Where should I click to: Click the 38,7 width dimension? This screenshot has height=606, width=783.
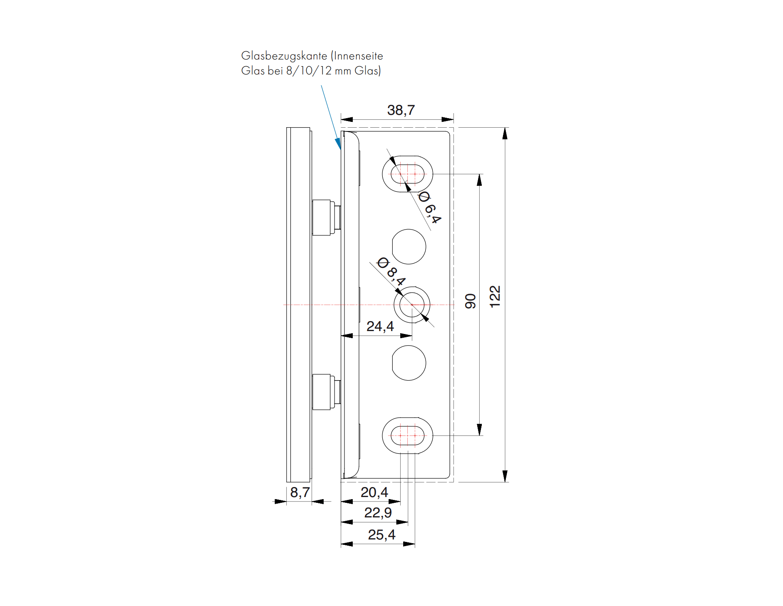point(401,110)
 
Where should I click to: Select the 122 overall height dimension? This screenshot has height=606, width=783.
point(495,297)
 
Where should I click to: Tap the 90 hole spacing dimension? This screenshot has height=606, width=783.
point(470,301)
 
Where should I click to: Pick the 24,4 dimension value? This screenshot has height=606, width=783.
point(380,326)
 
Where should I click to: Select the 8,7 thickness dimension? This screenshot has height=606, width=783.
point(300,492)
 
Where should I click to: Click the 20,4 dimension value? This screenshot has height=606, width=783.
point(374,492)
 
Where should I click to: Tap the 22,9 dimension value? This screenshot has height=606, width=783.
point(378,513)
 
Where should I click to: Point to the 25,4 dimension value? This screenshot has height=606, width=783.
point(382,535)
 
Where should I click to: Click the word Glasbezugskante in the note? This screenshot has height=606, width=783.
point(284,56)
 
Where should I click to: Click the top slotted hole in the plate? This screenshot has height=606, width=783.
point(407,174)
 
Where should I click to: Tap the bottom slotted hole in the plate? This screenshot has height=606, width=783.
point(407,435)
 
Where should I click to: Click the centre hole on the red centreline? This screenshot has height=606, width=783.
point(412,304)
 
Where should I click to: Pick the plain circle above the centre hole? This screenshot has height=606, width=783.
point(409,247)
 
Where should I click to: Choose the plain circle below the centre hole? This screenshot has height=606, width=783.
point(409,363)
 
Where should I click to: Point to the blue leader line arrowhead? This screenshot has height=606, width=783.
point(339,144)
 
